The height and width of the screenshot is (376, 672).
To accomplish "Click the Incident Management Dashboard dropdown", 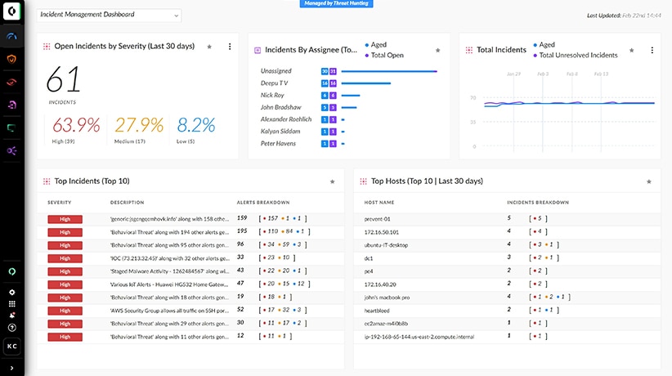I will tap(110, 15).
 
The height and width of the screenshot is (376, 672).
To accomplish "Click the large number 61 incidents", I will tap(63, 80).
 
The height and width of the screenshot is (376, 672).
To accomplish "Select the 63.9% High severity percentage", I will tap(76, 125).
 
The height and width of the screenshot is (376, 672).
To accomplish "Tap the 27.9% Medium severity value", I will tap(140, 125).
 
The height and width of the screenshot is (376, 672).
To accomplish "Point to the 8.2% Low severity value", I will tap(195, 125).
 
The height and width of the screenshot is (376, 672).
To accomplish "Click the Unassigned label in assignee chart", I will tap(276, 71).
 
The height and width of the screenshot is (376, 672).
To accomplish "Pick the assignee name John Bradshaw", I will tap(280, 107).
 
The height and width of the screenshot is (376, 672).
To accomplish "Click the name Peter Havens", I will tap(277, 143).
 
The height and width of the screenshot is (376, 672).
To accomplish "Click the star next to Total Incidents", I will tap(631, 50).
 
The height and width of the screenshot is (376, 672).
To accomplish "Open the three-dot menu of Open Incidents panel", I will tap(229, 47).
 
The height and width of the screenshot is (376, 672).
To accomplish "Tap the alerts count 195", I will tap(242, 231).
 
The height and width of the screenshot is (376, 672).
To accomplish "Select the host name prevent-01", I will tap(377, 218).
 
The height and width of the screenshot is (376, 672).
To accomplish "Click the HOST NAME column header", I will tap(379, 202).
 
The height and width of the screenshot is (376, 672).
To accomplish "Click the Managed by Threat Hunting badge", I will tap(336, 3).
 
